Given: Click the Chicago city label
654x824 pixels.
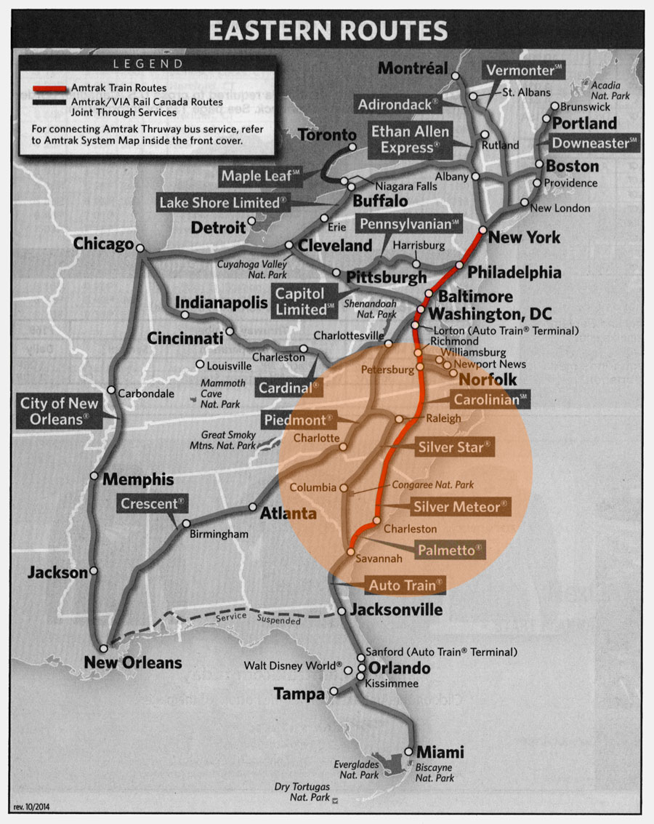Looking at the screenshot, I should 103,244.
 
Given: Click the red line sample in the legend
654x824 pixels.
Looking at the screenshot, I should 49,88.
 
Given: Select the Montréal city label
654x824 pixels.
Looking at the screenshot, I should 413,68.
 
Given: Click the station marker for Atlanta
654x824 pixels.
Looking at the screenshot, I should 253,507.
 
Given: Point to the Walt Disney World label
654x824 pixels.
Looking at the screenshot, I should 292,665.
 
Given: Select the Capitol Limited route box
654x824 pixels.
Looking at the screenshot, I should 305,301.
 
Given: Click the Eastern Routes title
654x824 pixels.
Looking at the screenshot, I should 328,31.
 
